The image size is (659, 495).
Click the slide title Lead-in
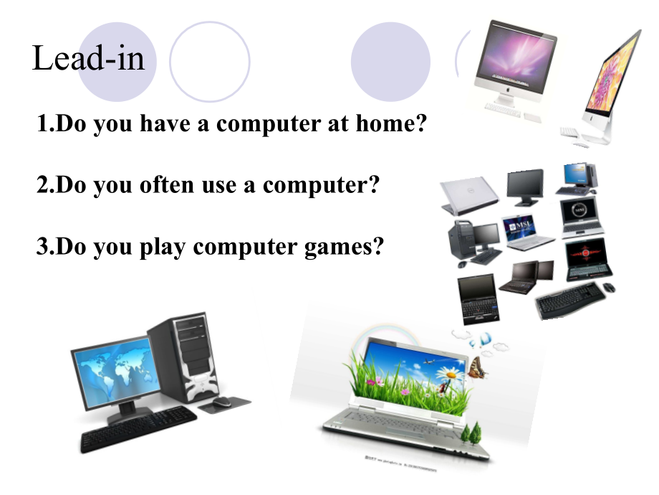pos(88,58)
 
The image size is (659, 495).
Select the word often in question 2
pos(167,185)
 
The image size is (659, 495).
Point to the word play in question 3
pos(162,247)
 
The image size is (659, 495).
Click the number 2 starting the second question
pos(42,185)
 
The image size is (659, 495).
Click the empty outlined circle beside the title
pos(210,62)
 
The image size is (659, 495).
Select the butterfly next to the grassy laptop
pos(478,367)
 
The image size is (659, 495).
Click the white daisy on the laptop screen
pos(449,373)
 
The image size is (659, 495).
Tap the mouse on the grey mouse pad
pos(221,402)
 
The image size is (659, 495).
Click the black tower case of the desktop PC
pos(185,357)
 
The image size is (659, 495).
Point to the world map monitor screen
pos(116,372)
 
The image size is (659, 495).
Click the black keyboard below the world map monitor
pos(138,428)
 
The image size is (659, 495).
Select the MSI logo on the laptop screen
pos(520,225)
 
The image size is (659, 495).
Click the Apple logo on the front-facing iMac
pos(508,90)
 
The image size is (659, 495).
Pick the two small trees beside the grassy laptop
pos(471,433)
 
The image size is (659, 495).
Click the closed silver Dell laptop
pos(469,195)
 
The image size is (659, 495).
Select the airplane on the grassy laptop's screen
pos(430,361)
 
